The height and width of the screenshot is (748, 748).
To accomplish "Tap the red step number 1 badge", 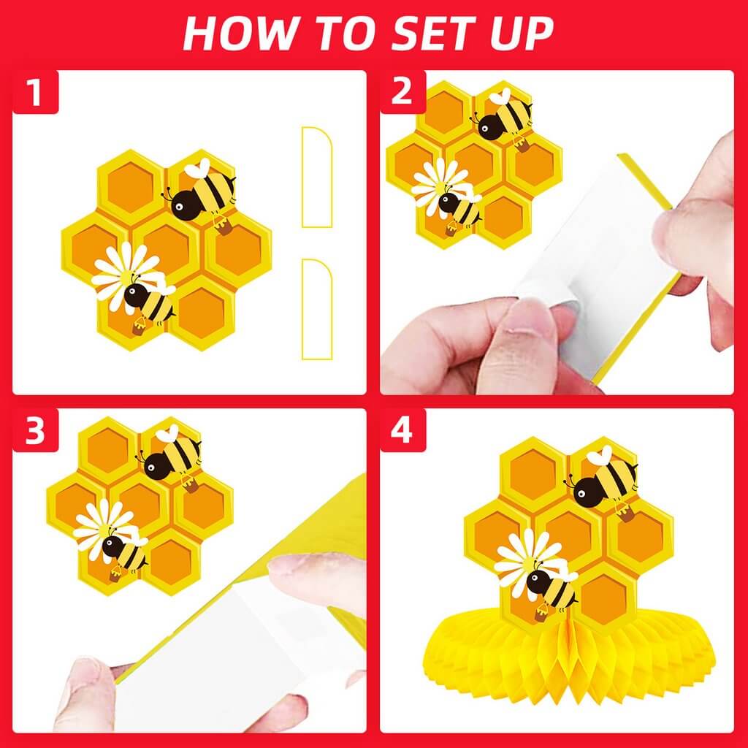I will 34,93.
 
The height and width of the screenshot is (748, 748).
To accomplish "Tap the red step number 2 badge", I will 402,93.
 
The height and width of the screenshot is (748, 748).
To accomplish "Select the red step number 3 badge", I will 34,431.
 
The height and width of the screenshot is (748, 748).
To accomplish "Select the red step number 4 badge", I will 402,431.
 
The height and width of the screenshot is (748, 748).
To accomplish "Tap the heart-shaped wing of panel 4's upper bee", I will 600,456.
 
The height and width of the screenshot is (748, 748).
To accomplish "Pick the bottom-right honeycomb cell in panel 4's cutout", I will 603,599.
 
